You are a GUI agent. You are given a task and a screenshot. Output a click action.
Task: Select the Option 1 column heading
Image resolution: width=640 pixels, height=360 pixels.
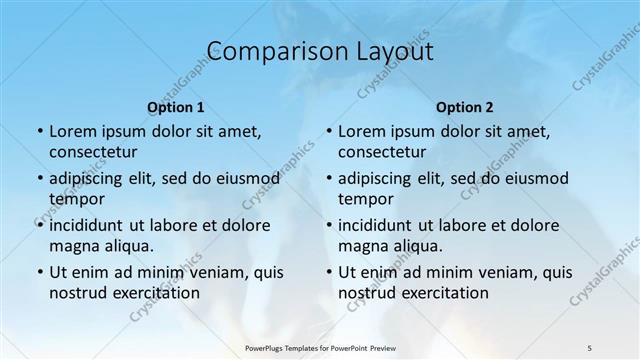(x=176, y=107)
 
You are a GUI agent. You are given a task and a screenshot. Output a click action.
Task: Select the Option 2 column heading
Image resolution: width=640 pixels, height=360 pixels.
(x=465, y=107)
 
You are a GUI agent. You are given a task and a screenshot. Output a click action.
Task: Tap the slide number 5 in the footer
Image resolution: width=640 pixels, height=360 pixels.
(x=590, y=347)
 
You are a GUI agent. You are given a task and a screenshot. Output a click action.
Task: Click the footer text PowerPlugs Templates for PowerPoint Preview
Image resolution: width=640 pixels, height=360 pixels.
(x=319, y=347)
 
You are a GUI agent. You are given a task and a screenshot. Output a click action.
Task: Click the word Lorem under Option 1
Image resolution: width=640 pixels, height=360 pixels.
(x=72, y=131)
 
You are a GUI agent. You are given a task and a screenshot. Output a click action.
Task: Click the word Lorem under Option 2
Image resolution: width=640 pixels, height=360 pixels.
(x=361, y=131)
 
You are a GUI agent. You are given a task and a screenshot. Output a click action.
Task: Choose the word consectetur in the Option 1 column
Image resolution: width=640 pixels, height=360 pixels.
(x=93, y=152)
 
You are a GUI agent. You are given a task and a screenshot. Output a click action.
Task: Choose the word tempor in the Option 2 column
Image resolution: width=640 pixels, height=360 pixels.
(x=366, y=199)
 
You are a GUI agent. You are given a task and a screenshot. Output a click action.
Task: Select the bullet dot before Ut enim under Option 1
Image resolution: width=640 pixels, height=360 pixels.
(x=39, y=272)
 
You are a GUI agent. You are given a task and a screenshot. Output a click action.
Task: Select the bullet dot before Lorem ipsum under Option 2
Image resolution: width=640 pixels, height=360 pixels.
(x=328, y=131)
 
